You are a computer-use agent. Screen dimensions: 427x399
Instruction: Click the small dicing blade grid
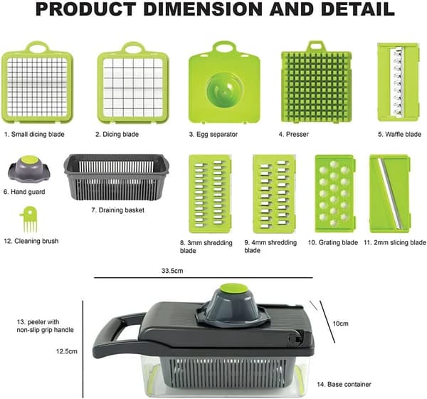tap(37, 86)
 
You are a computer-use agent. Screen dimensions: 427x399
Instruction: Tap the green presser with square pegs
tap(316, 82)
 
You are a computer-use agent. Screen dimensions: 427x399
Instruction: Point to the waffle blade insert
tap(398, 82)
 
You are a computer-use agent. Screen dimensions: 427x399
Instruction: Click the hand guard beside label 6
tap(29, 169)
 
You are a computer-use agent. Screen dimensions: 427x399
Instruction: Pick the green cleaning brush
tap(29, 219)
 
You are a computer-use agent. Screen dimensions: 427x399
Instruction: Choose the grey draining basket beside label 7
tap(117, 177)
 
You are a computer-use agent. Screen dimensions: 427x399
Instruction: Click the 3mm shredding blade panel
tap(210, 194)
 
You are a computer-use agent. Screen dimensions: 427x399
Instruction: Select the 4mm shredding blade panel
tap(274, 194)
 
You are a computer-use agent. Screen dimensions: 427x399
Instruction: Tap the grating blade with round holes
tap(335, 194)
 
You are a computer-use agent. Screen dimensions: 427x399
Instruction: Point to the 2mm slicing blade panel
tap(390, 194)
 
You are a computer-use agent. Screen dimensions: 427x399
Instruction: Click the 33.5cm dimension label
tap(172, 271)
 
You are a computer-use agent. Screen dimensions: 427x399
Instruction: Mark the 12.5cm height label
tap(67, 351)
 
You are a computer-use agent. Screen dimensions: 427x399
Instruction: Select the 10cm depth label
tap(341, 323)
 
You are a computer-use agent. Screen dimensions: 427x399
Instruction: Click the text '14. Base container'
tap(344, 384)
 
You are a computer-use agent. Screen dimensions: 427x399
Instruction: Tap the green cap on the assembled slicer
tap(233, 289)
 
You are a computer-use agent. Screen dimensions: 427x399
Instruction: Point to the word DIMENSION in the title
tap(203, 9)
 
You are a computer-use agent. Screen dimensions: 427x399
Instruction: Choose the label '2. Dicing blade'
tap(117, 134)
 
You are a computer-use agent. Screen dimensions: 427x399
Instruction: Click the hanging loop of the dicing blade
tap(133, 47)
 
